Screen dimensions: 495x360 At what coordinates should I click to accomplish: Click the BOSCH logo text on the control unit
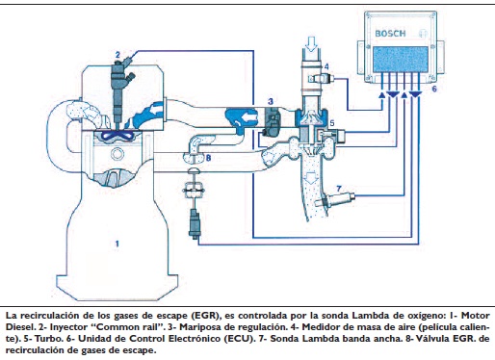pyautogui.click(x=390, y=34)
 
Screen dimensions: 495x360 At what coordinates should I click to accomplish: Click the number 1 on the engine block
pyautogui.click(x=117, y=244)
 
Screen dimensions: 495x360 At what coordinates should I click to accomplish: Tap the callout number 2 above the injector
pyautogui.click(x=117, y=55)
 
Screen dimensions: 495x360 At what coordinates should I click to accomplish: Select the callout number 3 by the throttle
pyautogui.click(x=271, y=101)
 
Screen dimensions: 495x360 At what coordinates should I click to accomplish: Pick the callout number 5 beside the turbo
pyautogui.click(x=434, y=89)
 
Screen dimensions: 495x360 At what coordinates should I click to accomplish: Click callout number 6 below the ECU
pyautogui.click(x=339, y=189)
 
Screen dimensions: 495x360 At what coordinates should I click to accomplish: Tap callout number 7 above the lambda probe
pyautogui.click(x=208, y=158)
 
